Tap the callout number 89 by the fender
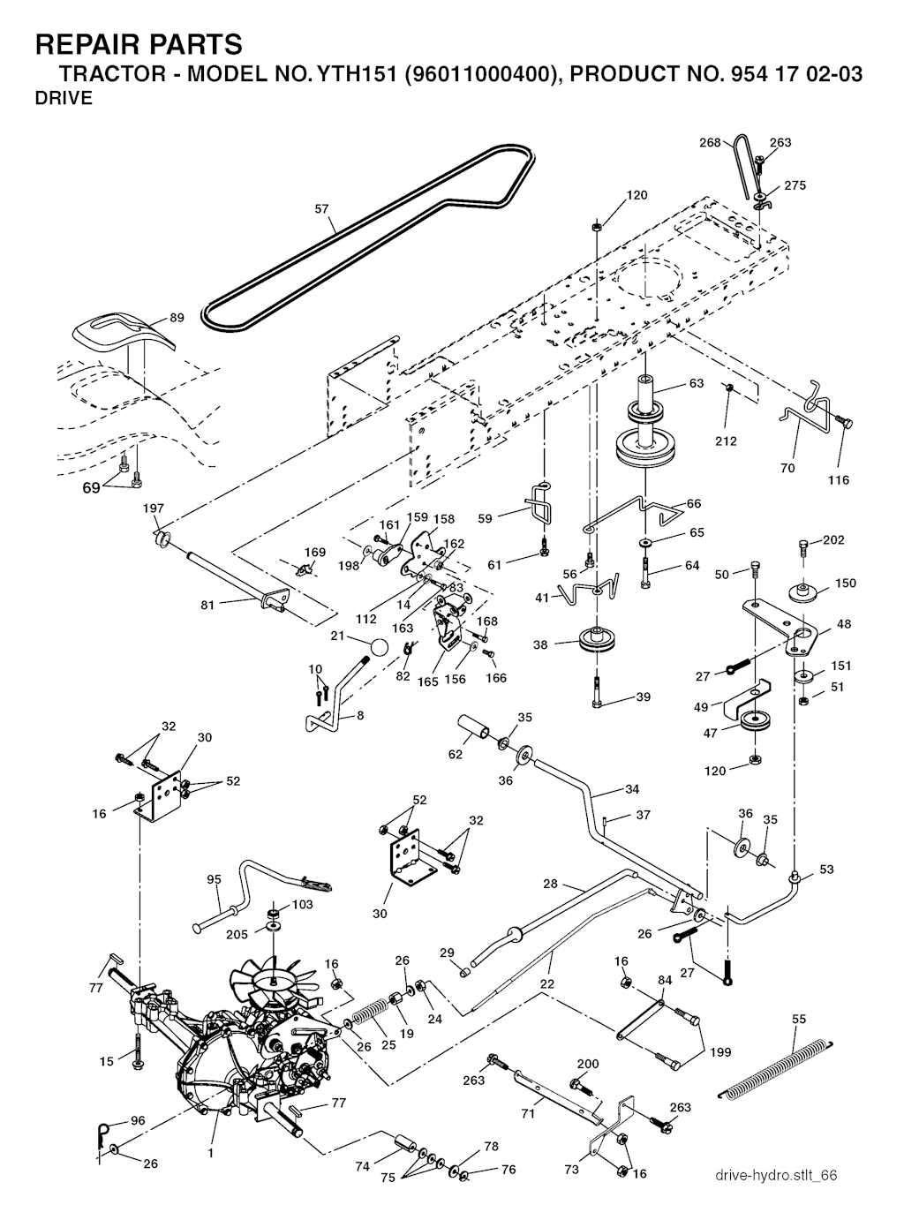[x=177, y=318]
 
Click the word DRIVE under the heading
[x=63, y=99]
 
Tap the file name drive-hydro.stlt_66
[x=776, y=1175]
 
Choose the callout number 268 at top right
[x=710, y=142]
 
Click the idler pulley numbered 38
[x=598, y=642]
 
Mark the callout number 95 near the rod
[x=214, y=879]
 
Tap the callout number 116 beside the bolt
[x=839, y=480]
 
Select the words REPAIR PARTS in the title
[x=138, y=44]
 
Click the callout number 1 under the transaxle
[x=210, y=1153]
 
